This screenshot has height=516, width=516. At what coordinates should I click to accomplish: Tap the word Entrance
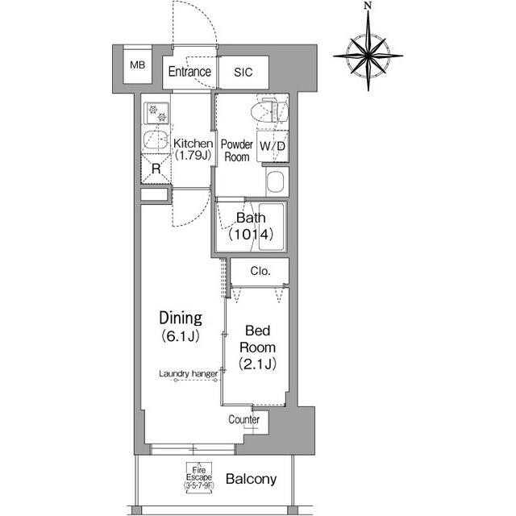[189, 72]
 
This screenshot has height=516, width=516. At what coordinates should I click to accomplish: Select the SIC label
[243, 72]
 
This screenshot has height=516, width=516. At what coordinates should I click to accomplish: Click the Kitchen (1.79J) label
[193, 151]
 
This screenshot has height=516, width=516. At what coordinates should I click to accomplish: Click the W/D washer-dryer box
[272, 147]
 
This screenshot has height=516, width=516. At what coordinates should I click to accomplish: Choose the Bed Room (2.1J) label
[260, 347]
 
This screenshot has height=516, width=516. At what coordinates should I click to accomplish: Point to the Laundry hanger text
[188, 373]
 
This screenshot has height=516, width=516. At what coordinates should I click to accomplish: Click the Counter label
[243, 420]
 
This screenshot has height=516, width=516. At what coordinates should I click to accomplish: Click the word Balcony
[251, 479]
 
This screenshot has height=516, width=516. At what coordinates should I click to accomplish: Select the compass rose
[368, 52]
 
